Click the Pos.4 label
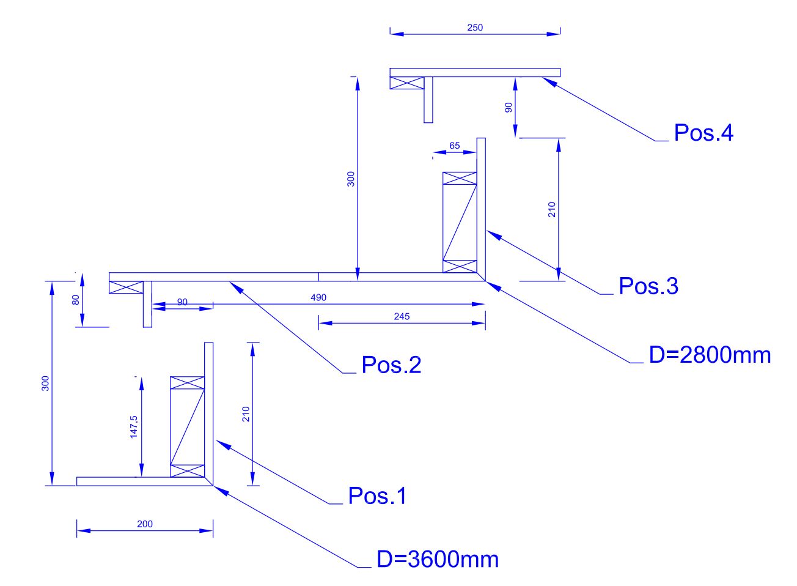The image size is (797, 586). [x=703, y=133]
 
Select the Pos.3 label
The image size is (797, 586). [x=648, y=286]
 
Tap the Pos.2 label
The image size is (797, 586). [x=391, y=365]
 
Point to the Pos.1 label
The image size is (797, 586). [x=377, y=495]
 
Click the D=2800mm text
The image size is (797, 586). [x=710, y=355]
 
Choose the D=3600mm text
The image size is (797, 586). [x=438, y=559]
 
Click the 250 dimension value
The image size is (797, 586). [x=475, y=28]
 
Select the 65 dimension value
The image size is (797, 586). [x=455, y=146]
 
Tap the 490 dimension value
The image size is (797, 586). [x=318, y=297]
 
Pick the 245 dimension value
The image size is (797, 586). [x=402, y=316]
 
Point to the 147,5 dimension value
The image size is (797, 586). [x=134, y=426]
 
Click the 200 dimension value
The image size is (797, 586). [x=145, y=524]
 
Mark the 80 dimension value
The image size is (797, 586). [x=76, y=300]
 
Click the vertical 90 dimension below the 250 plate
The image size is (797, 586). [x=508, y=107]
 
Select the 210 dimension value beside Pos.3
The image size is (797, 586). [x=552, y=210]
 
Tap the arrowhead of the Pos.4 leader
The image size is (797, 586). [x=544, y=80]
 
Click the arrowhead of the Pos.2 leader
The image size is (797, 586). [x=232, y=283]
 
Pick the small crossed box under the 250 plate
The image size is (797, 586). [x=407, y=83]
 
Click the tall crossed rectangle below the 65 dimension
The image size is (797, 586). [x=460, y=223]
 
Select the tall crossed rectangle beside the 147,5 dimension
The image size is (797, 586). [x=187, y=427]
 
